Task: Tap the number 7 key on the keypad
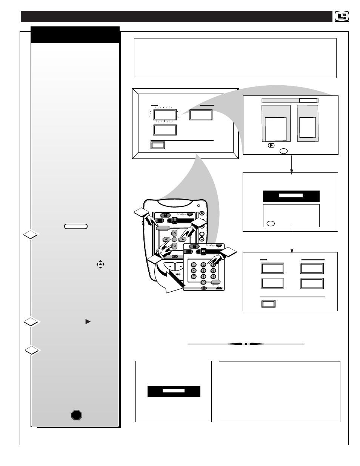[x=194, y=276]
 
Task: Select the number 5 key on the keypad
[x=203, y=270]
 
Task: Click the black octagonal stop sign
[x=77, y=415]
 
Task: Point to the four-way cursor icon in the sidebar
[x=100, y=265]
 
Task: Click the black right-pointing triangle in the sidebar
[x=88, y=322]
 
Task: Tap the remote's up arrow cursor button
[x=174, y=233]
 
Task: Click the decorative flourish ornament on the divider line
[x=246, y=344]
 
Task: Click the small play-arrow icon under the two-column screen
[x=271, y=145]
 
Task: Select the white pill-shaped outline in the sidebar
[x=76, y=226]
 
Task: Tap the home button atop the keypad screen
[x=194, y=246]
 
